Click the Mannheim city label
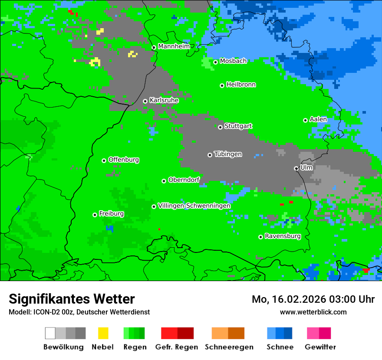tap(174, 46)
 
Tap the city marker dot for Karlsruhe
tap(145, 101)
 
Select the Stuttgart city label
tap(238, 126)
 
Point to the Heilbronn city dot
tap(222, 85)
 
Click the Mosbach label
tap(233, 61)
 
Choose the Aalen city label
tap(318, 119)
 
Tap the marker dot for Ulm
tap(296, 168)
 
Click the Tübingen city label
tap(228, 154)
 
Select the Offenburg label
tap(124, 160)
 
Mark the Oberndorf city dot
tap(164, 181)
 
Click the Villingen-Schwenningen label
tap(194, 206)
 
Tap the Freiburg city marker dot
tap(95, 215)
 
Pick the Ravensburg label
tap(283, 236)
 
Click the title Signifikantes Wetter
tap(72, 299)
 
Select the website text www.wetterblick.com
tap(313, 312)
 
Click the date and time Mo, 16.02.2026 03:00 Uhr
tap(313, 299)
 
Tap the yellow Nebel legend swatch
tap(103, 333)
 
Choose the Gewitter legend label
tap(320, 347)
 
